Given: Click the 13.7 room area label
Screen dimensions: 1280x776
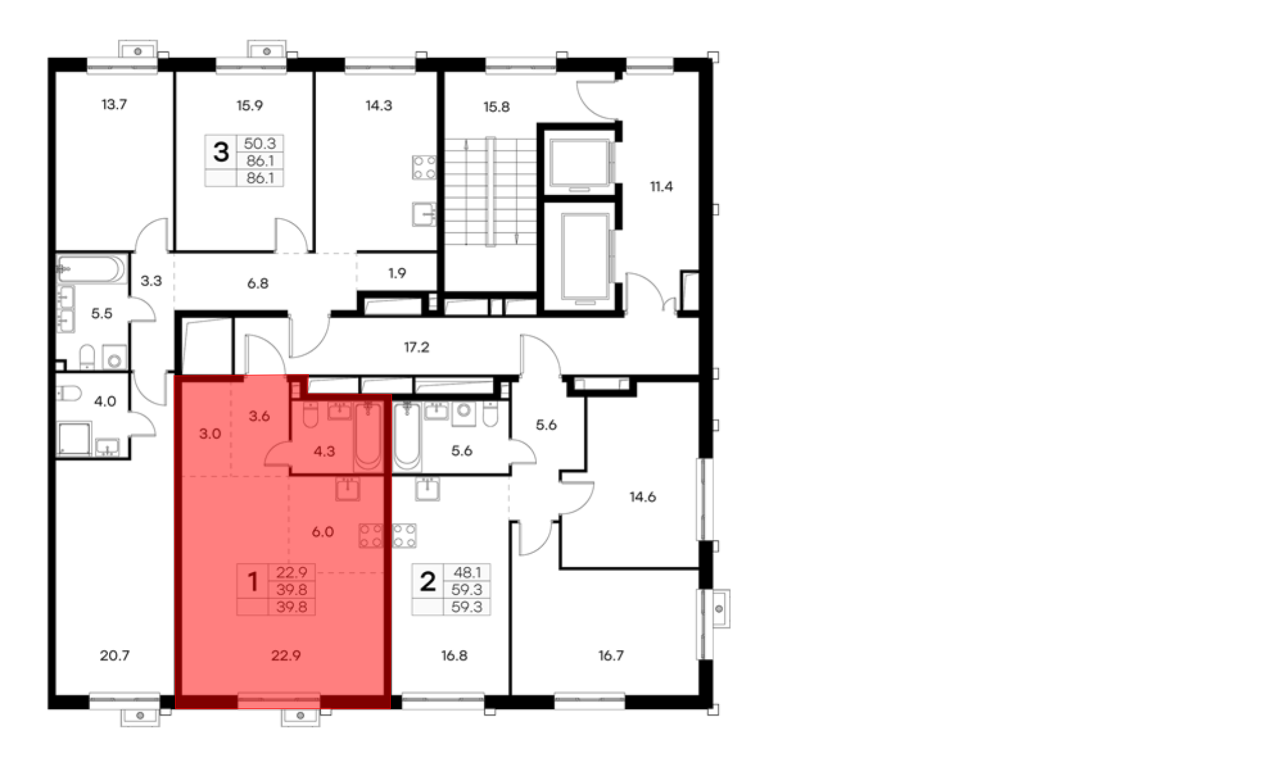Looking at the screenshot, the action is [114, 104].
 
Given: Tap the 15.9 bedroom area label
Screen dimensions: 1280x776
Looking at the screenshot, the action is [250, 106].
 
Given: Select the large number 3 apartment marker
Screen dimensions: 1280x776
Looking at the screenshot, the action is [221, 152].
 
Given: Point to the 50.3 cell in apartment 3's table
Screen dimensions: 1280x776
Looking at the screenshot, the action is [260, 143].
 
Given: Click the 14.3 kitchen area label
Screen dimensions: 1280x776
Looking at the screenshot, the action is [379, 106].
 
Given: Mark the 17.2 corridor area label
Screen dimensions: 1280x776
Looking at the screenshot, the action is [417, 348].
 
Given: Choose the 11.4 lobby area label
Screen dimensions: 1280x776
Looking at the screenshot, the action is [661, 187].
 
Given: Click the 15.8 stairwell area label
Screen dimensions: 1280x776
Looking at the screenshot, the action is [497, 107].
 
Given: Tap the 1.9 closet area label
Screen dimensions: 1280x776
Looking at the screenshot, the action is [397, 273].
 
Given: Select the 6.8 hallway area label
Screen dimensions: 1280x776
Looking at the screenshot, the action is [258, 284].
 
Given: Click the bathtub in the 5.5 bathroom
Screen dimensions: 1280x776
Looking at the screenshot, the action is [90, 269].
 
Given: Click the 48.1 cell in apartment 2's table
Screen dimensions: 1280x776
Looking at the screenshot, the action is [467, 572].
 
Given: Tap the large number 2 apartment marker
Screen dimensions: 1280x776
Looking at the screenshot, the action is [428, 582].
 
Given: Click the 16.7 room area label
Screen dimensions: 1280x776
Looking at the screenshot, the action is [611, 656].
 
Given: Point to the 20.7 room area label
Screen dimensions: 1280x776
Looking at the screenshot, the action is [115, 656].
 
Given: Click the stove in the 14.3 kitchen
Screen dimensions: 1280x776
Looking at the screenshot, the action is [424, 168].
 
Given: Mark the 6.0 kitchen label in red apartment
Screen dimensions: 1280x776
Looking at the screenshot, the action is [323, 532].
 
